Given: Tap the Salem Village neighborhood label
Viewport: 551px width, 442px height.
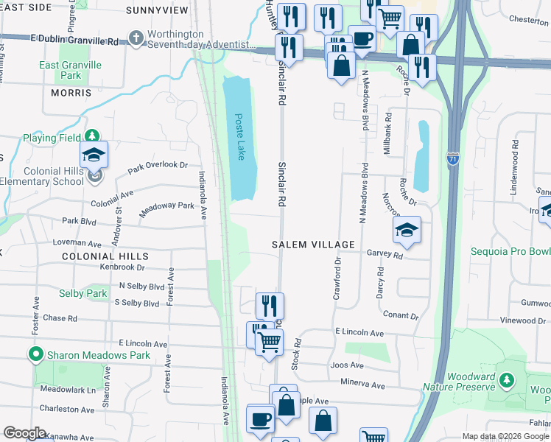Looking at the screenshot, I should click(x=313, y=244).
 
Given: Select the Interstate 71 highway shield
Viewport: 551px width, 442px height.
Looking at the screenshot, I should click(x=452, y=158).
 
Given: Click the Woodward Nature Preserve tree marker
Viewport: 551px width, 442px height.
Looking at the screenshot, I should click(x=506, y=380).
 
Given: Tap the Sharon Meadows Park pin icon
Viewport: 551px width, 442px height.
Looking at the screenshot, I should click(x=35, y=355).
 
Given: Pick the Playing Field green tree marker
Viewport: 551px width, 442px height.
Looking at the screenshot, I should click(x=91, y=137).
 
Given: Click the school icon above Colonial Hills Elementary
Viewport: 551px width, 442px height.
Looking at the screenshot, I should click(x=94, y=155).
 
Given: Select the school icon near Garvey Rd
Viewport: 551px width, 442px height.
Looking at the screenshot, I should click(x=407, y=230).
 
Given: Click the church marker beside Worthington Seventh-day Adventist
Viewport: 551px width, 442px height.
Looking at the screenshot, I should click(x=135, y=37).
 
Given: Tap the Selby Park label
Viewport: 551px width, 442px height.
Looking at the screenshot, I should click(x=83, y=294).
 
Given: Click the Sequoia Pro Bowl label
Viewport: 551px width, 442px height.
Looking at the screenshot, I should click(x=510, y=251).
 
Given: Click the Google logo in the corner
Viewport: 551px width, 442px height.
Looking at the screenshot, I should click(x=24, y=433).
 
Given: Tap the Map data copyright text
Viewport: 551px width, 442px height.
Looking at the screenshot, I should click(x=505, y=437).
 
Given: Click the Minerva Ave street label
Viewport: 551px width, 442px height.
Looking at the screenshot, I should click(x=362, y=384).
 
